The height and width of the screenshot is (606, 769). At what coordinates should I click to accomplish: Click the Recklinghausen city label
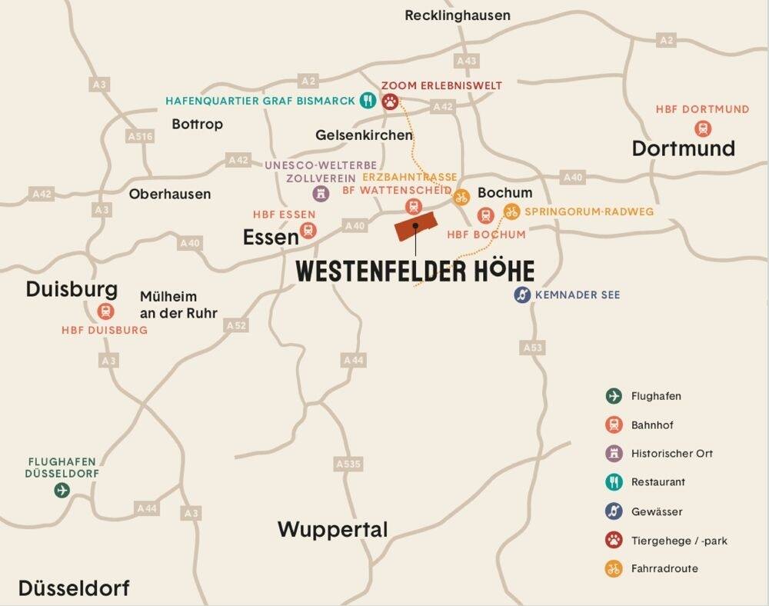coord(457,15)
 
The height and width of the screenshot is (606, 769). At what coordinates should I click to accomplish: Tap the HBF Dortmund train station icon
coord(702,128)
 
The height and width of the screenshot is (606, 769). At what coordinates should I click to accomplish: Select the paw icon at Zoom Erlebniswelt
coord(391,101)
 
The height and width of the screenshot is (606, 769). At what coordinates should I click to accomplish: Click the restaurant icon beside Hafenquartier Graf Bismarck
coord(368,101)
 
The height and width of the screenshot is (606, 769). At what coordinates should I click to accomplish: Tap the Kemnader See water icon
coord(523,295)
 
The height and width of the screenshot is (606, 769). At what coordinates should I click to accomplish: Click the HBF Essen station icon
coord(308,230)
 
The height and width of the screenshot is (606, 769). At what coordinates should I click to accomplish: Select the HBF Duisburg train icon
coord(106,311)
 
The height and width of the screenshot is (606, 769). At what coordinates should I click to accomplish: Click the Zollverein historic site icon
coord(321,193)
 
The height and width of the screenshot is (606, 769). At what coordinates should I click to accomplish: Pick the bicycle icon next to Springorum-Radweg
coord(511,211)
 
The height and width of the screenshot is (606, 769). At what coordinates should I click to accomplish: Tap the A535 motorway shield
coord(348,464)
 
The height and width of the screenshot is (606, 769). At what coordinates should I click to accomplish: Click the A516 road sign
coord(139,136)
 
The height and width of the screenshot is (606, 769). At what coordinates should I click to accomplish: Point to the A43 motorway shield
coord(466,60)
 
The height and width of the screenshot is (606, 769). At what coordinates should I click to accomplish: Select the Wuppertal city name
coord(332,529)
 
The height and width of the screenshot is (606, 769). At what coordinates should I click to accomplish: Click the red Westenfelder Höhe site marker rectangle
coord(415,226)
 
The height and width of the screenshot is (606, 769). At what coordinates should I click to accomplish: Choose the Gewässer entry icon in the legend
coord(613,511)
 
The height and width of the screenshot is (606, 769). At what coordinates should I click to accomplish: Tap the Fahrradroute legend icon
coord(613,569)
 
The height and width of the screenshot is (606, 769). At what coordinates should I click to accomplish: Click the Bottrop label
coord(197,124)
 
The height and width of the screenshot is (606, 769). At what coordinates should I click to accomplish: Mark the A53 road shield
coord(533,348)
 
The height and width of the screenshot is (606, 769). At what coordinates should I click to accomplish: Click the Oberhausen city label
coord(169,194)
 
